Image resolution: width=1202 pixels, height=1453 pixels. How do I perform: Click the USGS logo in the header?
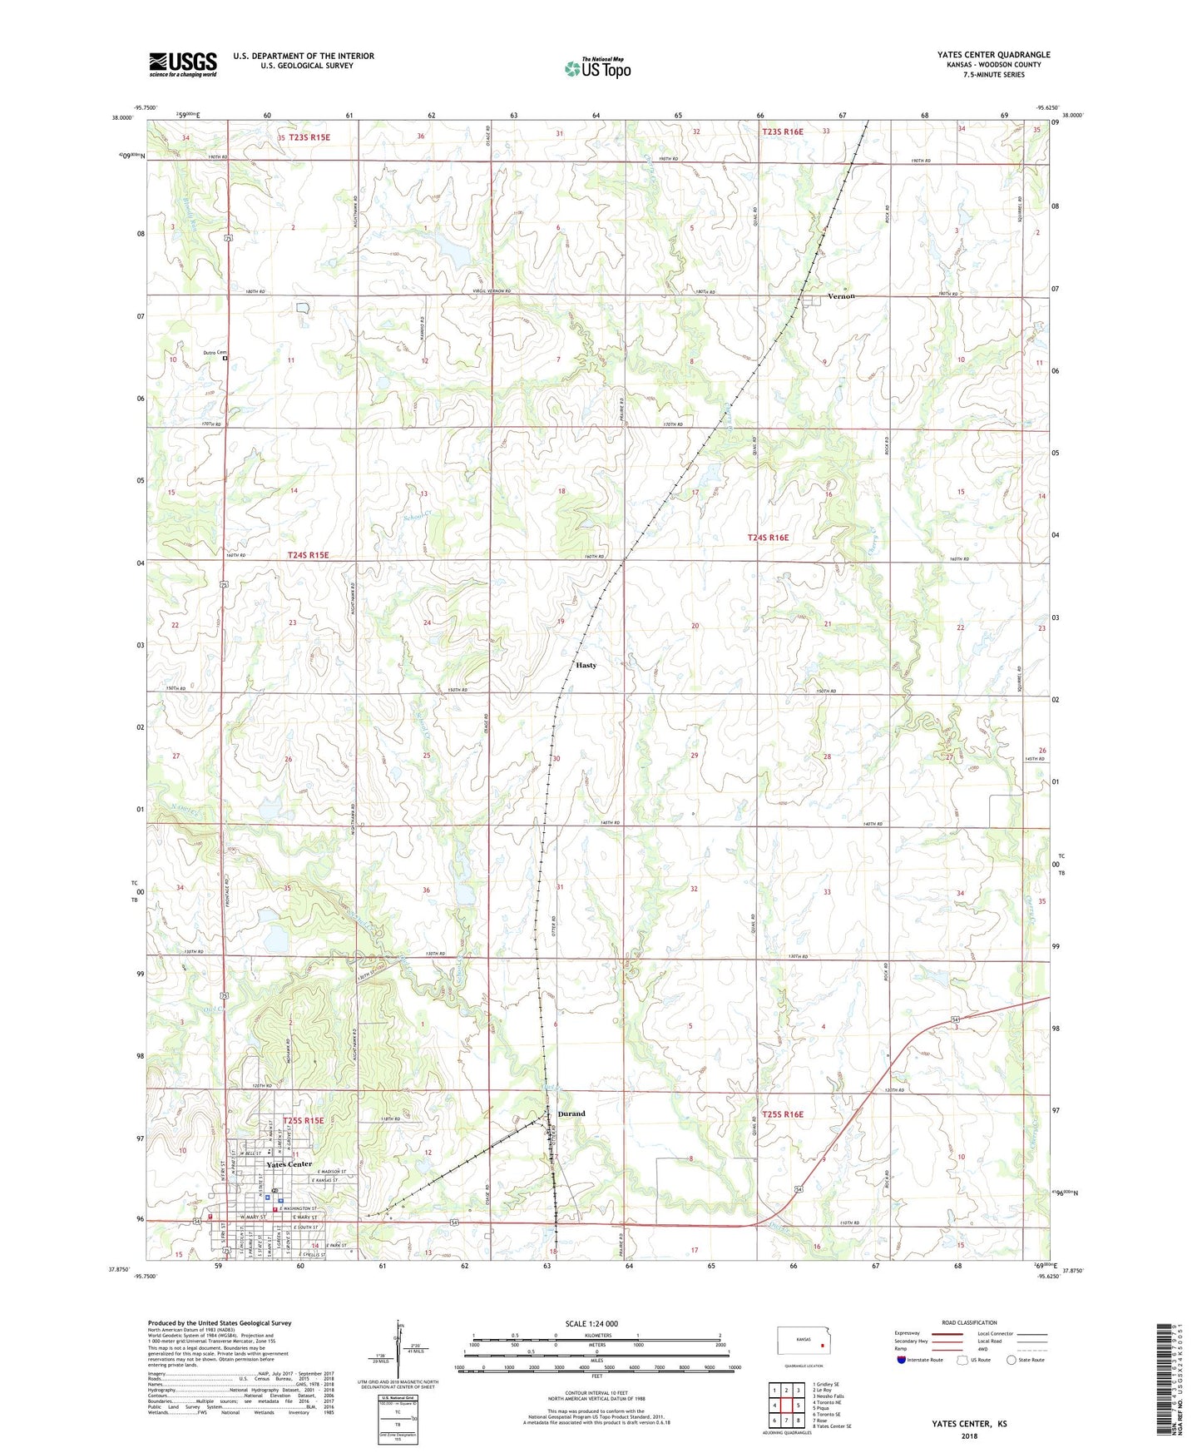click(183, 64)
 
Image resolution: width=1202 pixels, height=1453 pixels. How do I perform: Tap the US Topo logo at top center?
click(597, 68)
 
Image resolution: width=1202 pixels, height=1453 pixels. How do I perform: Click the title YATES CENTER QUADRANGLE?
click(993, 55)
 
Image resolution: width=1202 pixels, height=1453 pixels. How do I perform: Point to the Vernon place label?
click(841, 296)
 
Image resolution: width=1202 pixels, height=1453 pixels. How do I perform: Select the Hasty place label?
click(586, 665)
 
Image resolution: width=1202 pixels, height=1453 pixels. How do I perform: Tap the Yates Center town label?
click(289, 1164)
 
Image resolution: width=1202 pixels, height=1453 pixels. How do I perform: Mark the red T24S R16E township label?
click(767, 538)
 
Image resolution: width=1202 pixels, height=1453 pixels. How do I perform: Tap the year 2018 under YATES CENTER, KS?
click(969, 1436)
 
